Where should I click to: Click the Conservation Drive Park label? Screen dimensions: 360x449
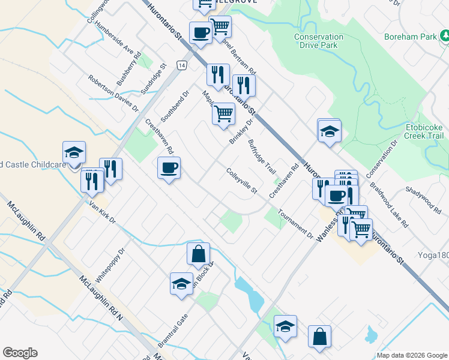click(x=319, y=41)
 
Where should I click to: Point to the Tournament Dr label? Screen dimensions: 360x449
click(x=295, y=223)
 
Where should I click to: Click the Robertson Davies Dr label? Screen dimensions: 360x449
click(x=113, y=94)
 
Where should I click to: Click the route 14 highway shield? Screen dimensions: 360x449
click(x=181, y=64)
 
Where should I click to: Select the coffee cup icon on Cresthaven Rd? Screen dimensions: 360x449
click(x=169, y=167)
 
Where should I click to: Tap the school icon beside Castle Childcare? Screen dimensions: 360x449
click(x=74, y=153)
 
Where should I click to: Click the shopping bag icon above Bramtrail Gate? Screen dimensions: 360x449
click(x=198, y=254)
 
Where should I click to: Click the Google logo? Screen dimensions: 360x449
click(x=20, y=353)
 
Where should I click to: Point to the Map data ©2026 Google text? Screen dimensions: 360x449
click(x=411, y=355)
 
